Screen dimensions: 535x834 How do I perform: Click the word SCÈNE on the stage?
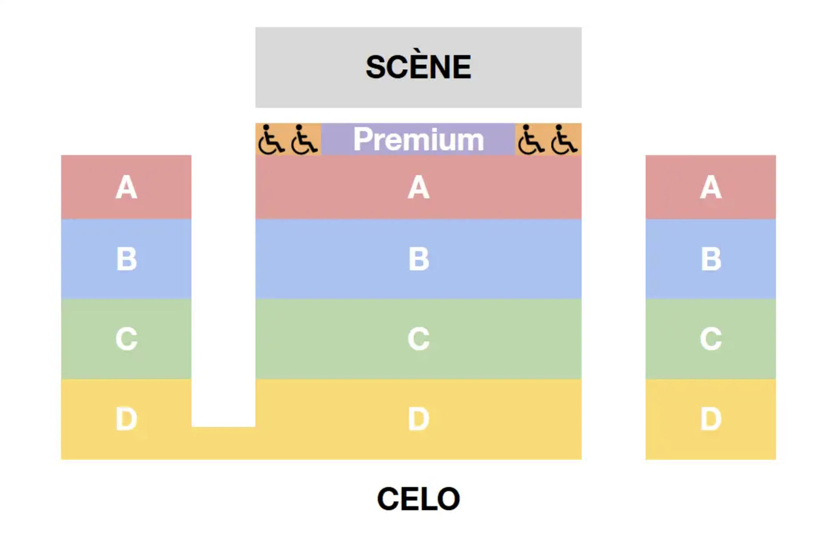418,68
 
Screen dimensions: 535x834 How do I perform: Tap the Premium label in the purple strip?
418,140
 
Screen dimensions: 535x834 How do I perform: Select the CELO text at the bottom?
418,499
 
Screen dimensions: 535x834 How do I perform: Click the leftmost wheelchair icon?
271,140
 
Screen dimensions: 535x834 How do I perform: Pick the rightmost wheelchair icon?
564,140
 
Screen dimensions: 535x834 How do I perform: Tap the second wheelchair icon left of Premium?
304,140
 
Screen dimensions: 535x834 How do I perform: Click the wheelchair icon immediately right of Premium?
531,140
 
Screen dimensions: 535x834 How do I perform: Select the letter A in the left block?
126,188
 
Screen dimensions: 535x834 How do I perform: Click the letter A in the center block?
418,188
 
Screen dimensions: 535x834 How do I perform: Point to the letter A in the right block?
711,188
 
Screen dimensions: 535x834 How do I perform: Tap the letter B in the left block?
126,259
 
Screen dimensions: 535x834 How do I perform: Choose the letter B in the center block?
418,259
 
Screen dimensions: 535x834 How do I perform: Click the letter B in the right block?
711,259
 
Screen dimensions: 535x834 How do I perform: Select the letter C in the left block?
126,339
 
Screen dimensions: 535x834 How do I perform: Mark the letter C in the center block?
418,339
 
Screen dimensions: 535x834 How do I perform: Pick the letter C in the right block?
711,339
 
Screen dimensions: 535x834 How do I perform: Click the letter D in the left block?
126,419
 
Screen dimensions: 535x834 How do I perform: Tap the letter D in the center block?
418,419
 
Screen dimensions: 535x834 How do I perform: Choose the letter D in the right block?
711,419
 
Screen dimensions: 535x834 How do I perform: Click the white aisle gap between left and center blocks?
223,289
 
